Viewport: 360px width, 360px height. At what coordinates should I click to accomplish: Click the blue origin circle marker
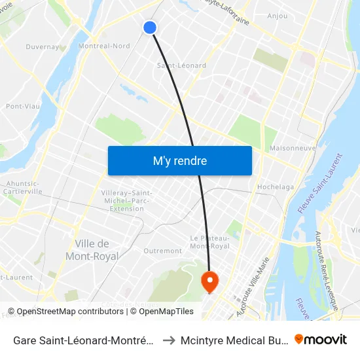tap(150, 27)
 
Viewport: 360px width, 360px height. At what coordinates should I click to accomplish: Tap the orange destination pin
tap(209, 282)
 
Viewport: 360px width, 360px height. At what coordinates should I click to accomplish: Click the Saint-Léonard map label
tap(181, 65)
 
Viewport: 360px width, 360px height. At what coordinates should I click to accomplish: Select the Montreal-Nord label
tap(103, 46)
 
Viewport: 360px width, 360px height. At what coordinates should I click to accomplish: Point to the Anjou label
tap(278, 16)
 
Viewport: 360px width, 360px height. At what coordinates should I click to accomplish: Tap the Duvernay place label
tap(43, 47)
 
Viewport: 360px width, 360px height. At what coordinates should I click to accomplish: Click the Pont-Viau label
tap(22, 106)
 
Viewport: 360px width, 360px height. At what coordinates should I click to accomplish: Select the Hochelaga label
tap(276, 187)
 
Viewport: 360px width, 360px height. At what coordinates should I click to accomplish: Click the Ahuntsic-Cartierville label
tap(24, 188)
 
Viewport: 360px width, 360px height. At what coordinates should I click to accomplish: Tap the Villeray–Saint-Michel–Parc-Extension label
tap(127, 200)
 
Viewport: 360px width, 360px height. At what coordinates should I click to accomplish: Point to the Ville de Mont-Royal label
tap(97, 250)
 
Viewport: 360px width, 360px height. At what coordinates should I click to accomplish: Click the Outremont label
tap(162, 251)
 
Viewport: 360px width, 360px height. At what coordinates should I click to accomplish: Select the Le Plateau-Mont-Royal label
tap(209, 242)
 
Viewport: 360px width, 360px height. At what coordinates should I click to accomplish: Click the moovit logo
tap(321, 339)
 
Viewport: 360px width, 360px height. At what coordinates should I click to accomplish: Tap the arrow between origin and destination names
tap(167, 340)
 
